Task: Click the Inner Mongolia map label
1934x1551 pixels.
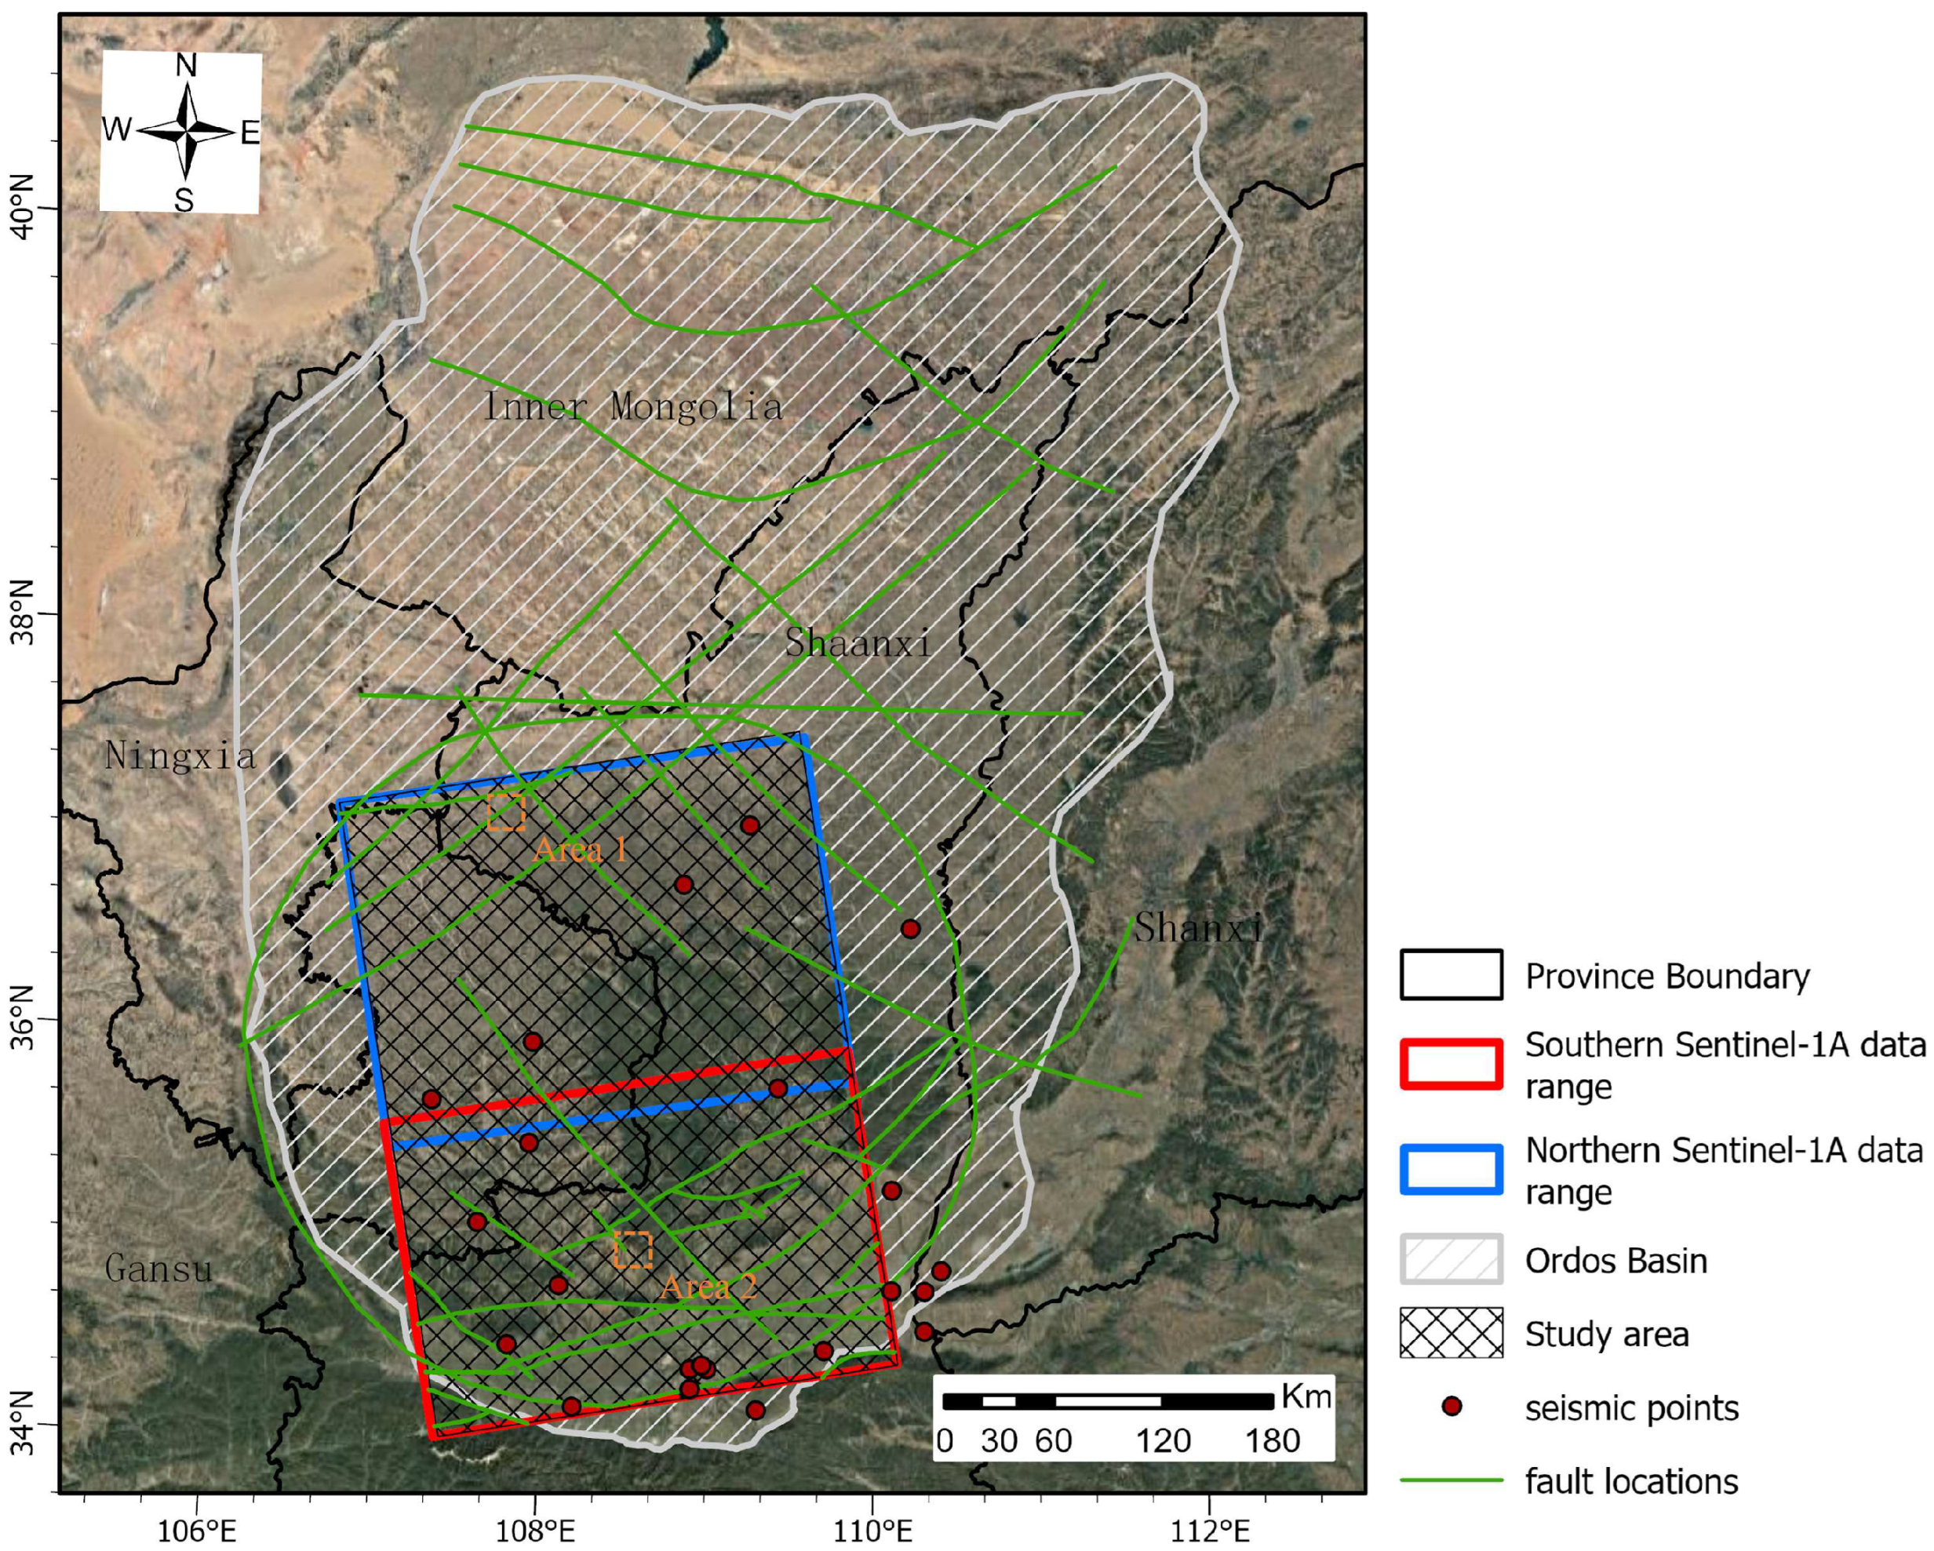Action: tap(632, 406)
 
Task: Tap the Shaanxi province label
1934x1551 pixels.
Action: tap(858, 643)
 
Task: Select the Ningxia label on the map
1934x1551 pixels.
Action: tap(180, 755)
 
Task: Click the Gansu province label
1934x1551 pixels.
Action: tap(158, 1269)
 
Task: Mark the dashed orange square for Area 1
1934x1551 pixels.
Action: tap(506, 812)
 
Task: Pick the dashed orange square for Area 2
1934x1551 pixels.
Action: tap(632, 1250)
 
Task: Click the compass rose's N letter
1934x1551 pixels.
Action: tap(186, 65)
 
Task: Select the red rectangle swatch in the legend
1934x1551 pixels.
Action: tap(1451, 1065)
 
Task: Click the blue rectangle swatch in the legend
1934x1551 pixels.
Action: tap(1451, 1170)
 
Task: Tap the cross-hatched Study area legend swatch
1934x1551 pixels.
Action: tap(1451, 1333)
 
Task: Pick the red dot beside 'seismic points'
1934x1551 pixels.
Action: tap(1451, 1407)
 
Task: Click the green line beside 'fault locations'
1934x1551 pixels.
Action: tap(1451, 1481)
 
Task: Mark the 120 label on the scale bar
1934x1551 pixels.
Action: tap(1164, 1440)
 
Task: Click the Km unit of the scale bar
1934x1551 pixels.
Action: tap(1306, 1396)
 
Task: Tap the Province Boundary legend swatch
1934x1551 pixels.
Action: tap(1451, 975)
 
